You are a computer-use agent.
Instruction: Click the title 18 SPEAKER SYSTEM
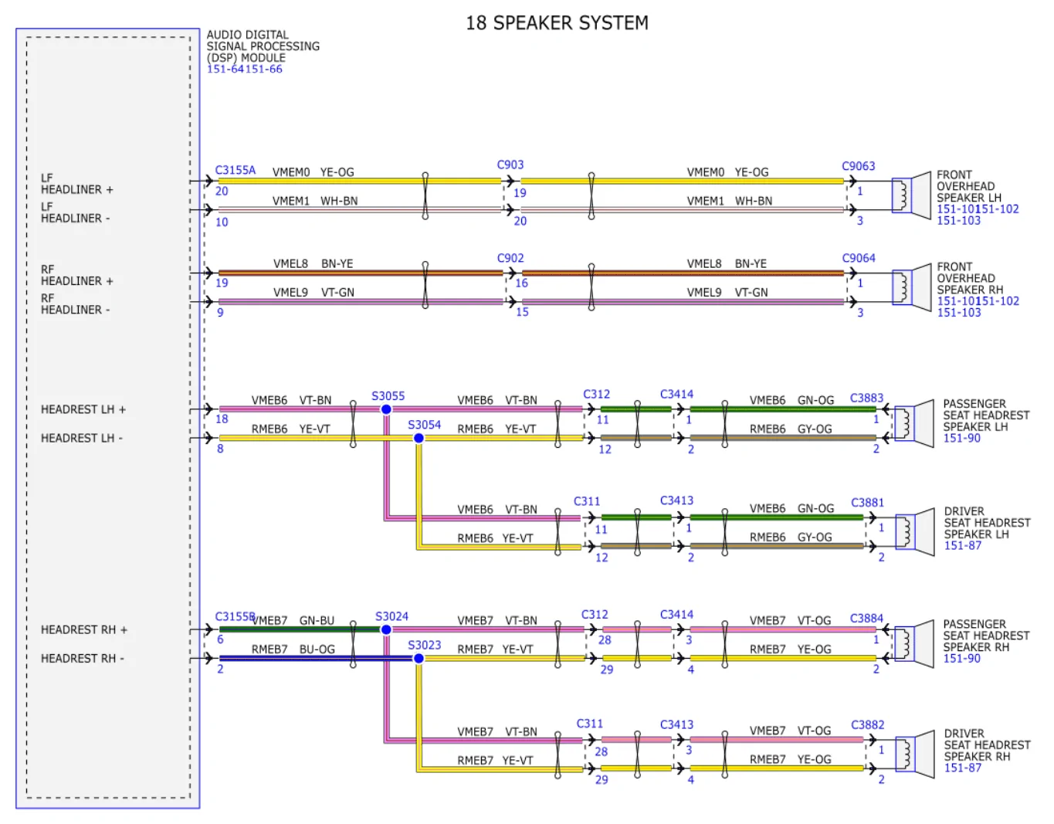click(x=557, y=23)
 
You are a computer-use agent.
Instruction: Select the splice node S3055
click(x=386, y=409)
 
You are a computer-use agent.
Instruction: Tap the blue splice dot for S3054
click(x=419, y=438)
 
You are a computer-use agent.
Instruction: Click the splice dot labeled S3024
click(x=386, y=629)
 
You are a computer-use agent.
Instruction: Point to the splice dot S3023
click(x=419, y=658)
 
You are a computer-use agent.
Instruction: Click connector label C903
click(x=510, y=164)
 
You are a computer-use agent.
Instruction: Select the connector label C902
click(x=510, y=258)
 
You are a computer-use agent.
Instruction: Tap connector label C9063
click(x=858, y=166)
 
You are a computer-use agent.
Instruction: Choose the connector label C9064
click(x=858, y=258)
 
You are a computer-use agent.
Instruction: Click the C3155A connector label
click(x=235, y=170)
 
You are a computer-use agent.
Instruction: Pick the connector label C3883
click(x=866, y=398)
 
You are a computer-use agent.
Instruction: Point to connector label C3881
click(x=867, y=503)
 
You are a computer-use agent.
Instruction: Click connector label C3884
click(x=866, y=618)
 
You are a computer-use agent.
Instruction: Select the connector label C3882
click(x=867, y=724)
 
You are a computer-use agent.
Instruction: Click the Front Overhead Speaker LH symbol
click(x=912, y=195)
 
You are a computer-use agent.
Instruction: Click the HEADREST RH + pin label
click(x=84, y=629)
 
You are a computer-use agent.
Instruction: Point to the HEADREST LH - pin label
click(x=81, y=438)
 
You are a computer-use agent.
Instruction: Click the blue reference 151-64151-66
click(x=244, y=69)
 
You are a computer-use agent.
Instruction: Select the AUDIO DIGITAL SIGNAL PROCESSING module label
click(x=263, y=46)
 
